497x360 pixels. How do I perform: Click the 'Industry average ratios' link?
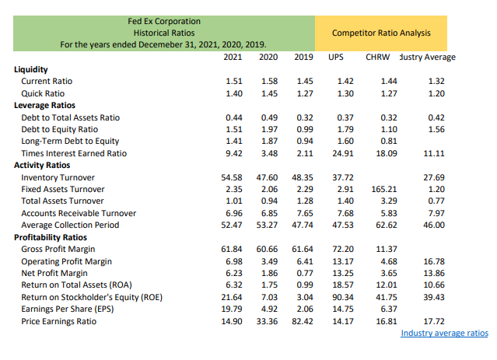point(444,333)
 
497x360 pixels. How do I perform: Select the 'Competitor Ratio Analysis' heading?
point(380,33)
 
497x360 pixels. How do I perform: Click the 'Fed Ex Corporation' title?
point(163,21)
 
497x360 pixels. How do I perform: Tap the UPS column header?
point(336,58)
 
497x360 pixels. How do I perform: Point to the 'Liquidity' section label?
point(31,69)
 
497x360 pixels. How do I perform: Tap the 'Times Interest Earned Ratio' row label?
point(74,153)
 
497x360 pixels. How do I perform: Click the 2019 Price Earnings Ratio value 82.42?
point(302,321)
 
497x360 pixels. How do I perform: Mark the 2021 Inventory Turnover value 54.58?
point(232,177)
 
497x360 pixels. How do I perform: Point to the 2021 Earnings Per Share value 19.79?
point(232,309)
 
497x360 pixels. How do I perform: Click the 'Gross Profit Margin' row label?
point(59,249)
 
